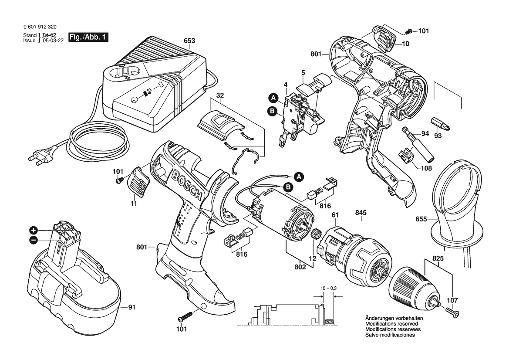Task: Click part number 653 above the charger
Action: tap(189, 41)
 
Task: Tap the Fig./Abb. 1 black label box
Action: tap(88, 37)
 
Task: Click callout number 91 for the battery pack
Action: tap(132, 308)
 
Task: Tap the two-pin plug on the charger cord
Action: tap(42, 158)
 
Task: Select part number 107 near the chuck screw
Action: tap(453, 299)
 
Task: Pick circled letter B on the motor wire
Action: tap(287, 187)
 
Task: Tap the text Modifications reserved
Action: tap(391, 324)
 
